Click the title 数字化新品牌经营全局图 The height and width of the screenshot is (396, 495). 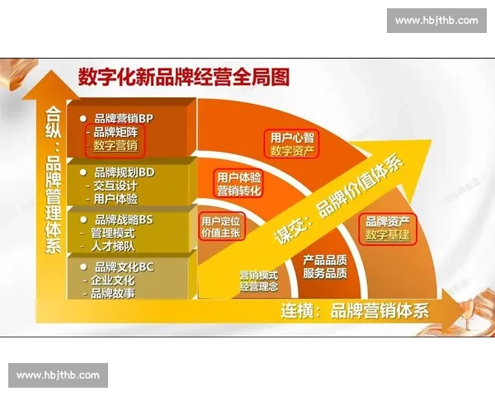click(183, 78)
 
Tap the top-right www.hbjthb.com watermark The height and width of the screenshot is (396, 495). click(436, 21)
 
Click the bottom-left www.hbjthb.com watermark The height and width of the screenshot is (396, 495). click(59, 375)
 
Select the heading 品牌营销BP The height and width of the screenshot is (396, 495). click(124, 118)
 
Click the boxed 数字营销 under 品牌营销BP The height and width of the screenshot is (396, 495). click(115, 146)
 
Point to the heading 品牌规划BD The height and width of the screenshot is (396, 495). click(125, 172)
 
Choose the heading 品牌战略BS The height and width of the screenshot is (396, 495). click(124, 219)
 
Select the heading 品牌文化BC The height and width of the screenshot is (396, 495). click(124, 266)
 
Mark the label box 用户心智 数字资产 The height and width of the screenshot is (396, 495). click(292, 143)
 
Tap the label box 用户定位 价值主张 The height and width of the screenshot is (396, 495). click(221, 228)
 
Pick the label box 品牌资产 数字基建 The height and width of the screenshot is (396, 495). click(387, 229)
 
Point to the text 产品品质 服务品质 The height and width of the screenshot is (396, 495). click(324, 266)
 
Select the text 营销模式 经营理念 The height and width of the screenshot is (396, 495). click(259, 280)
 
